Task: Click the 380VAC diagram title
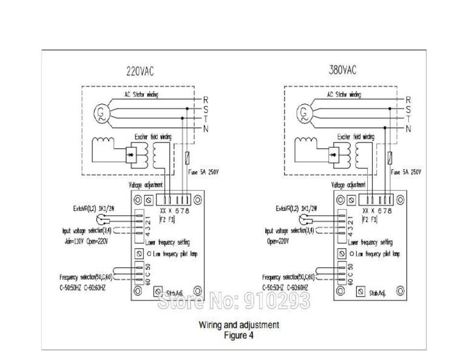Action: click(x=342, y=70)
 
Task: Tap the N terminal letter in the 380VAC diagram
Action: click(x=408, y=128)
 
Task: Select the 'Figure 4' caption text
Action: click(x=239, y=334)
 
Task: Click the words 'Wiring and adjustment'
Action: click(x=239, y=324)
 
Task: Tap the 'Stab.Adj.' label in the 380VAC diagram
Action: click(x=379, y=293)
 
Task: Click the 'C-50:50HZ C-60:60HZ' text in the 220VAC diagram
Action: click(x=86, y=287)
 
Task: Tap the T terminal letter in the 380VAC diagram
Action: click(x=408, y=119)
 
